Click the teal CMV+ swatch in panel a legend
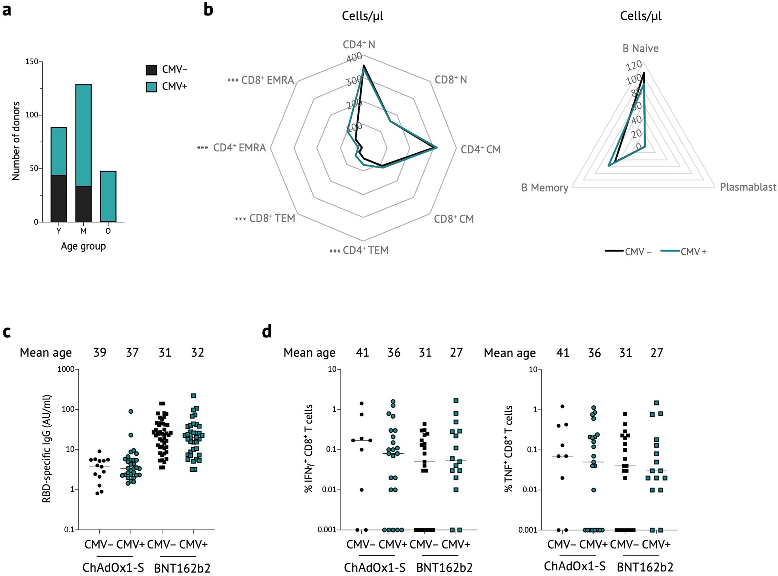[151, 87]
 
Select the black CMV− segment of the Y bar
[59, 199]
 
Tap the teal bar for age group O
[108, 196]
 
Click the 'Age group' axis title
[83, 246]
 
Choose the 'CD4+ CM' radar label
[480, 149]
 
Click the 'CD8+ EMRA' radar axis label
[268, 80]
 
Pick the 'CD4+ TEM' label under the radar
[365, 250]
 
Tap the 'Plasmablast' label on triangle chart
[748, 187]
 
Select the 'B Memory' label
[544, 188]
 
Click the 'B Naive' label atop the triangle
[640, 48]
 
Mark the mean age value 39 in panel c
[100, 353]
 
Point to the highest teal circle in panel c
[131, 411]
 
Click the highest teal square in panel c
[194, 396]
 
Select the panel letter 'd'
[267, 331]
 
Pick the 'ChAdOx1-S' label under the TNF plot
[575, 566]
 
